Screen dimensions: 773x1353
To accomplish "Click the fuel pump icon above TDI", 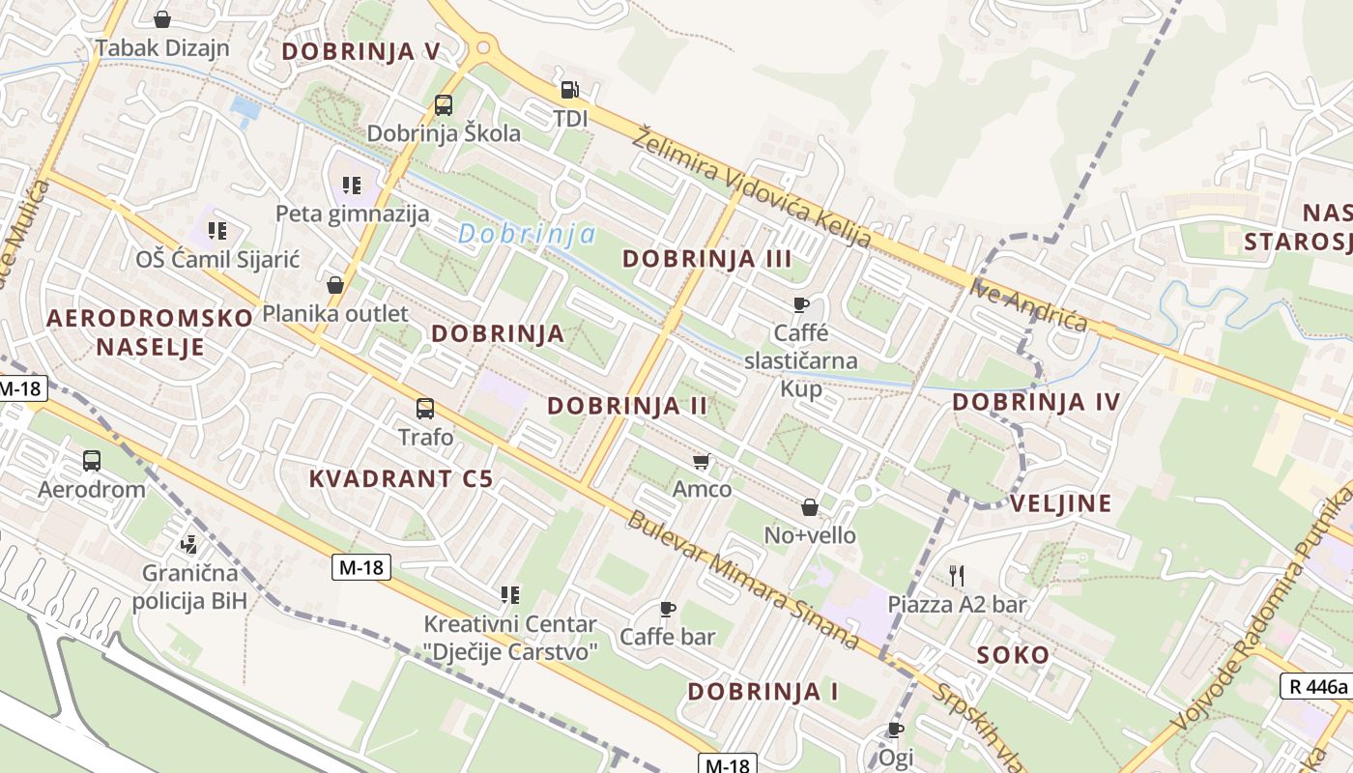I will pyautogui.click(x=569, y=90).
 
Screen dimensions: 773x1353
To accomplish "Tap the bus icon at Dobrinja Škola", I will pyautogui.click(x=444, y=104).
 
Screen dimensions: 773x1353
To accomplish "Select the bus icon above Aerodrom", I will pyautogui.click(x=92, y=460).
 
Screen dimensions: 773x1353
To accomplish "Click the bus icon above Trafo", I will pyautogui.click(x=425, y=408).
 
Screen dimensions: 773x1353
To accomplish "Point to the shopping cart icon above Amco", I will pyautogui.click(x=702, y=461).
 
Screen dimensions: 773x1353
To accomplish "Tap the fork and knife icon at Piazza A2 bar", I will pyautogui.click(x=957, y=576).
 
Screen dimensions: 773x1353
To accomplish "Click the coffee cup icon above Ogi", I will pyautogui.click(x=896, y=729).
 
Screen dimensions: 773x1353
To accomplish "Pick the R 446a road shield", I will pyautogui.click(x=1315, y=687).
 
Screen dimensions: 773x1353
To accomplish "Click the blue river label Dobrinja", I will pyautogui.click(x=526, y=234).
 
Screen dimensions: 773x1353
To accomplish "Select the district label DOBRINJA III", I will pyautogui.click(x=707, y=258).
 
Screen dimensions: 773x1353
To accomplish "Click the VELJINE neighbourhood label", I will pyautogui.click(x=1060, y=502).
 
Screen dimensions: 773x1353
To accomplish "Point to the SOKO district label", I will pyautogui.click(x=1013, y=654).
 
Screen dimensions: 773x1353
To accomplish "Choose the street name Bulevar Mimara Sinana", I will pyautogui.click(x=742, y=579).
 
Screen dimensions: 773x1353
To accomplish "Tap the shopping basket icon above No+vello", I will pyautogui.click(x=810, y=507).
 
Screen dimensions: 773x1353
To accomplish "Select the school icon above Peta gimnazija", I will pyautogui.click(x=352, y=185).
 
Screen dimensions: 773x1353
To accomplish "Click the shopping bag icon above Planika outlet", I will pyautogui.click(x=335, y=285).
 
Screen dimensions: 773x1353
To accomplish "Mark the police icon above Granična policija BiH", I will pyautogui.click(x=189, y=545).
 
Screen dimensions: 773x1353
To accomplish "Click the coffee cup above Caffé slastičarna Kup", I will pyautogui.click(x=800, y=305).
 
